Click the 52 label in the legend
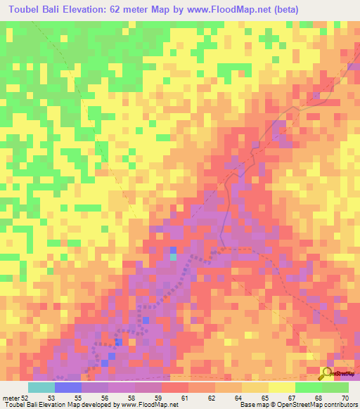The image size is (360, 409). coord(25,398)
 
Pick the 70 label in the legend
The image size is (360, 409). coord(344,398)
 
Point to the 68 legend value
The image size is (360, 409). coord(318,398)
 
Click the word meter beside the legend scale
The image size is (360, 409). coord(10,398)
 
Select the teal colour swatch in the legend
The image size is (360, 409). coord(41,387)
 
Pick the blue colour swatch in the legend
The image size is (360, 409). coord(68,387)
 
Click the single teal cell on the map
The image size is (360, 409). coord(174,257)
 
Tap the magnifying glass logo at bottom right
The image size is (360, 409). coord(328,372)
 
